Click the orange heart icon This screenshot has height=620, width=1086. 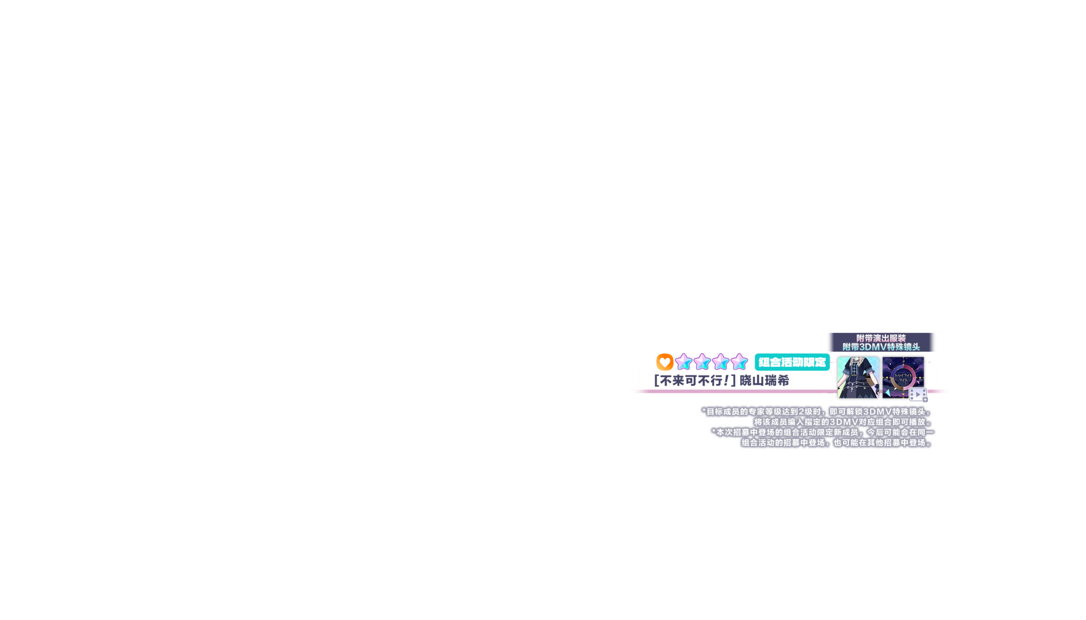pyautogui.click(x=664, y=362)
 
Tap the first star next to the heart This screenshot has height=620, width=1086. pyautogui.click(x=684, y=362)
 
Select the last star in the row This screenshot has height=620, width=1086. pyautogui.click(x=739, y=362)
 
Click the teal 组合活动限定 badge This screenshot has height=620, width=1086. pyautogui.click(x=792, y=362)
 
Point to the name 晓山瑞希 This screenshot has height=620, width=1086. pyautogui.click(x=764, y=380)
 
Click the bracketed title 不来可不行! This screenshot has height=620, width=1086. pyautogui.click(x=695, y=380)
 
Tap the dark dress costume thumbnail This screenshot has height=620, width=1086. pyautogui.click(x=857, y=377)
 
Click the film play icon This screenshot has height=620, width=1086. pyautogui.click(x=918, y=395)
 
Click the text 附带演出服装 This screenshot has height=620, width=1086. pyautogui.click(x=881, y=338)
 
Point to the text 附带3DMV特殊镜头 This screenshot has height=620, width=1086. pyautogui.click(x=881, y=347)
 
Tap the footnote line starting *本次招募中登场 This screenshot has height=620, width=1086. pyautogui.click(x=821, y=432)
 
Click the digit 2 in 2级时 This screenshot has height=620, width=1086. pyautogui.click(x=801, y=412)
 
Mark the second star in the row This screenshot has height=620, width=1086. pyautogui.click(x=702, y=362)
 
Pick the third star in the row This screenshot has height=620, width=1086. pyautogui.click(x=720, y=362)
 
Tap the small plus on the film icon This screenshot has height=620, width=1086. pyautogui.click(x=925, y=400)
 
